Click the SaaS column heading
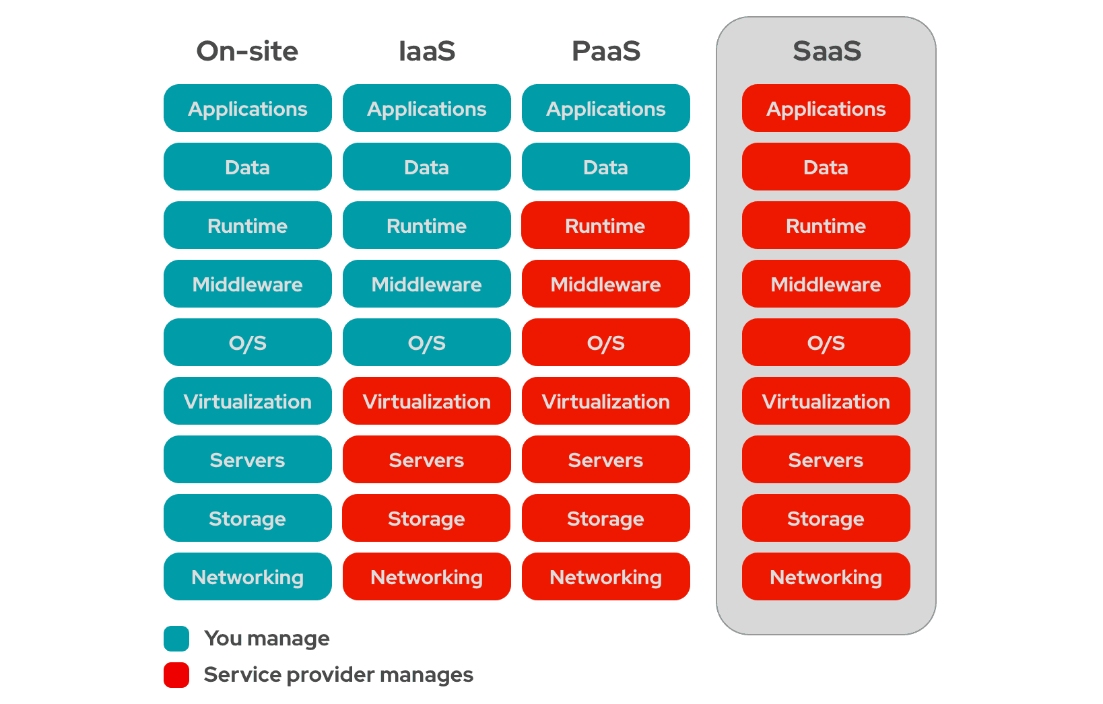click(826, 51)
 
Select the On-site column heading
click(247, 51)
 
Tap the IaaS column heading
click(426, 51)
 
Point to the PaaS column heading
click(605, 51)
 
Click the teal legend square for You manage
click(176, 638)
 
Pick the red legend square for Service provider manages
click(176, 674)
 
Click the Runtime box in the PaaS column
click(605, 225)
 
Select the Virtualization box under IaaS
click(426, 401)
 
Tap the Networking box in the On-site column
click(247, 577)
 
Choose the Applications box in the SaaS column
click(826, 108)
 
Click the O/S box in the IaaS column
click(426, 343)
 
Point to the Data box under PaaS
click(605, 167)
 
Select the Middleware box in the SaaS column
click(826, 284)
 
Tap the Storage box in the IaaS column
click(426, 518)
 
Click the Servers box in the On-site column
click(247, 460)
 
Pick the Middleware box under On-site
click(247, 284)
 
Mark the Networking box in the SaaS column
click(826, 577)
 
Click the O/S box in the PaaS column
click(605, 343)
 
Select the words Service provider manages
click(338, 674)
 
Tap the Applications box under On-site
click(247, 108)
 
